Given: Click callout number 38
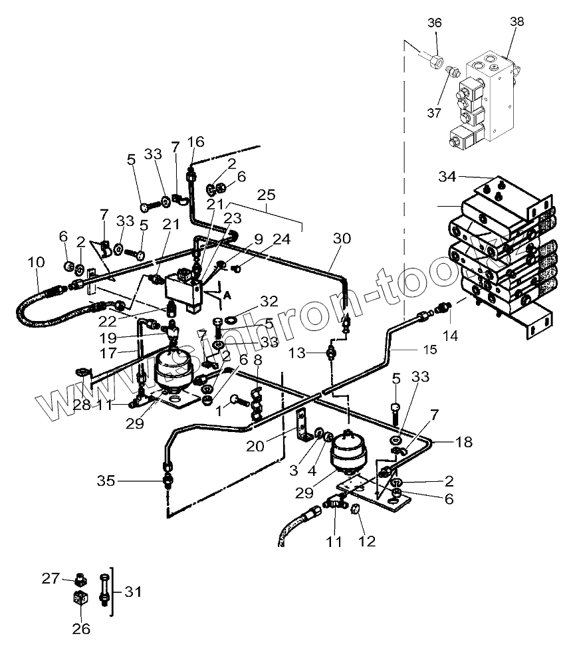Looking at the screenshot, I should coord(516,21).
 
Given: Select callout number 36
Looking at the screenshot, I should coord(434,22).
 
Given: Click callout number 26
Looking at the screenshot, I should coord(81,627).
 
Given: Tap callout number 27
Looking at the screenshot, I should coord(51,578).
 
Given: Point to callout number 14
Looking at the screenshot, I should coord(451,336).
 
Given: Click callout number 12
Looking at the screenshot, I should coord(367,542).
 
